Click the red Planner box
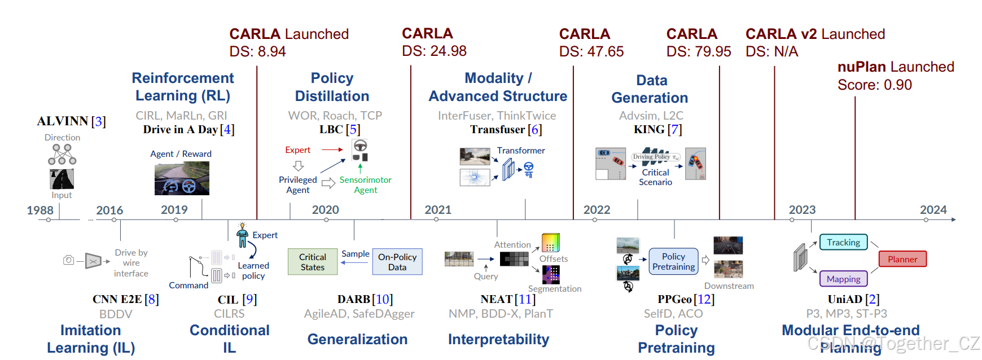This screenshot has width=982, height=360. pos(902,259)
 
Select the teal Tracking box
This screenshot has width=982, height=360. pos(843,242)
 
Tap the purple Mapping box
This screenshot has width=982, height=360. pos(843,279)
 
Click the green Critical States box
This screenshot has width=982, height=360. pos(313,262)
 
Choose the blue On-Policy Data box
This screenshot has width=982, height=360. pos(397,262)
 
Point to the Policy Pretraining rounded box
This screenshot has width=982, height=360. pos(673,261)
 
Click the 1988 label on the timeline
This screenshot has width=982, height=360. pos(40,210)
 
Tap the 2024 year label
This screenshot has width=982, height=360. pos(933,210)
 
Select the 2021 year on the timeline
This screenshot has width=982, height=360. pos(438,210)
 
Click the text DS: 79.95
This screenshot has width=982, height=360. pos(698,51)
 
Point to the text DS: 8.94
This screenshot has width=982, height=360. pos(257,51)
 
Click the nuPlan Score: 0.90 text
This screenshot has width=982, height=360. pos(874,85)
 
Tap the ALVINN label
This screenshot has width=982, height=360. pos(63,121)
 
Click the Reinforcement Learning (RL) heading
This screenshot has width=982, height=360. pos(183,86)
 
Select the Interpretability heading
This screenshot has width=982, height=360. pos(498,339)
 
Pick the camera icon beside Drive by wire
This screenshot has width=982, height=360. pos(68,260)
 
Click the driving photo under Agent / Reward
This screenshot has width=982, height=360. pos(182,178)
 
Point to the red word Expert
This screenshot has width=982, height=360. pos(297,150)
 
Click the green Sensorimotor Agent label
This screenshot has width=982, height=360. pos(365,185)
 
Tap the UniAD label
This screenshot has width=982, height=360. pos(845,299)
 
